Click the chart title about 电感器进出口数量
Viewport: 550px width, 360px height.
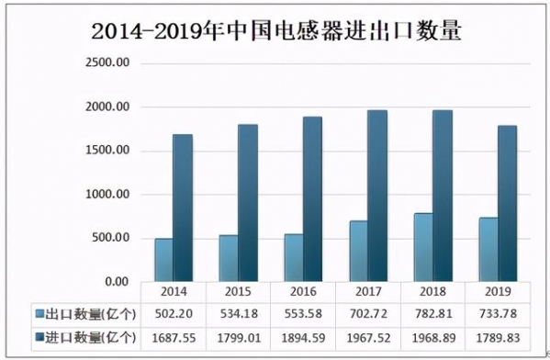(275, 29)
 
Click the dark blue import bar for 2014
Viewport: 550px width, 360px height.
(183, 208)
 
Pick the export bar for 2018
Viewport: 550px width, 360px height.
(421, 247)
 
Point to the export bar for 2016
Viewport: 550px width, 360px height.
(292, 257)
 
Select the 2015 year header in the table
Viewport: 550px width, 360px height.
(237, 291)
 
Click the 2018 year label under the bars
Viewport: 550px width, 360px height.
(432, 291)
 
